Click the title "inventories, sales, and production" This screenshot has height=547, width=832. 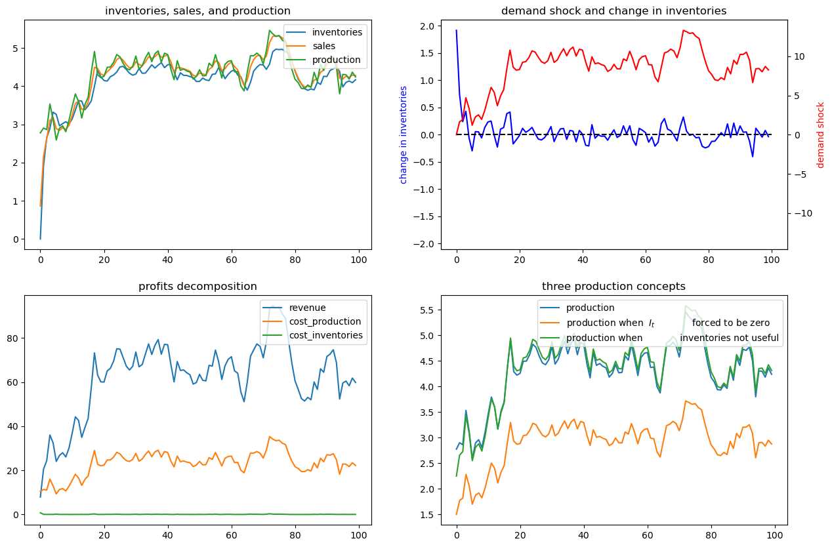tap(198, 10)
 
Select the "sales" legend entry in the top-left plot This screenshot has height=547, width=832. tap(323, 46)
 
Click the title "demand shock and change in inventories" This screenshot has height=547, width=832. tap(614, 10)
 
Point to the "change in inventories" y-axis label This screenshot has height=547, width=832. tap(403, 135)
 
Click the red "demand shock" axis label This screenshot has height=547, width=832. tap(820, 135)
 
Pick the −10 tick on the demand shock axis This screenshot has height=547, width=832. tap(803, 214)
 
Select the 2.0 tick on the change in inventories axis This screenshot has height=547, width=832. tap(427, 26)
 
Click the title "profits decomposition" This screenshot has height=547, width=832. tap(198, 287)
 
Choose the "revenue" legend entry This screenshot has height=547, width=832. tap(307, 308)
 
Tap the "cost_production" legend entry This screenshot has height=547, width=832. tap(325, 321)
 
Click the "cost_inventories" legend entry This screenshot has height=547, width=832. tap(325, 335)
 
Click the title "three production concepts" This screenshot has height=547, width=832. tap(614, 287)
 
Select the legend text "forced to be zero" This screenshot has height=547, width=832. tap(730, 323)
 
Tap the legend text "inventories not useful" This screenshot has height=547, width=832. tap(729, 338)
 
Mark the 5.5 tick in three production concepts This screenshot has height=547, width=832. tap(427, 310)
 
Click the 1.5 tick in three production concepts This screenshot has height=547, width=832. tap(427, 515)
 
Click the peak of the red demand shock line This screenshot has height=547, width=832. tap(684, 30)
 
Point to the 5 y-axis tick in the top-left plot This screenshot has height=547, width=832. tap(16, 49)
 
